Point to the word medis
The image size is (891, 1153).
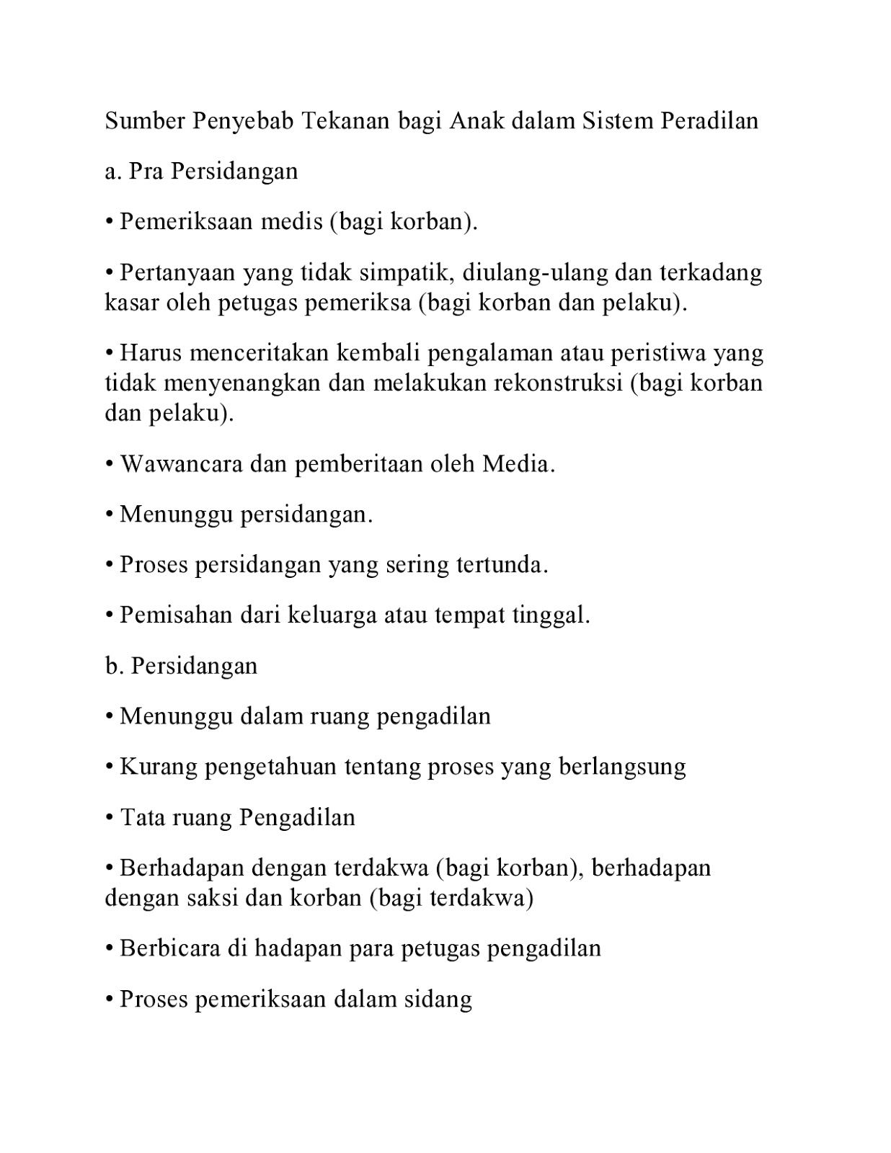291,222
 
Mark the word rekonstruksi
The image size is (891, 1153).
558,383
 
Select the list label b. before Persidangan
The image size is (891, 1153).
112,666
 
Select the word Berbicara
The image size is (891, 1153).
170,948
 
